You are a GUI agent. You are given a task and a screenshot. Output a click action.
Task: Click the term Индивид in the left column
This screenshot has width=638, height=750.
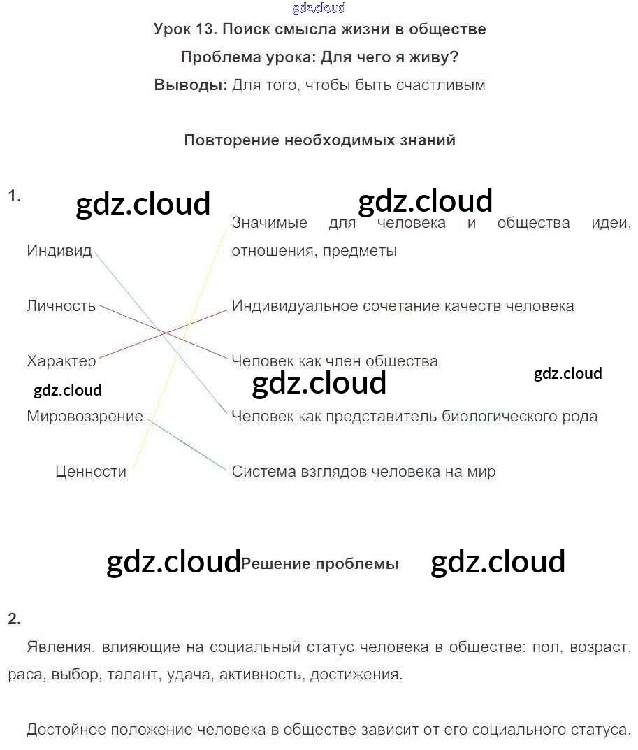click(59, 251)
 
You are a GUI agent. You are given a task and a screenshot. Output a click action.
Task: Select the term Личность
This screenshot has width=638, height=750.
click(61, 306)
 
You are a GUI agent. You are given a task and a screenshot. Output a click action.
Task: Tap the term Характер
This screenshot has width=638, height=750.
click(61, 361)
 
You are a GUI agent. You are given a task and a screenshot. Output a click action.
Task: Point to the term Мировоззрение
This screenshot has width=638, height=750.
click(85, 417)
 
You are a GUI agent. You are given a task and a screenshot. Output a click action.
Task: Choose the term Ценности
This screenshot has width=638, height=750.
click(91, 472)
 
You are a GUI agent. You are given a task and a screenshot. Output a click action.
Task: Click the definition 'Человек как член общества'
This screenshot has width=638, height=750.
click(335, 361)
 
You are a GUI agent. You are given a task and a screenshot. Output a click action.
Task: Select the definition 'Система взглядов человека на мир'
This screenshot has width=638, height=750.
click(363, 472)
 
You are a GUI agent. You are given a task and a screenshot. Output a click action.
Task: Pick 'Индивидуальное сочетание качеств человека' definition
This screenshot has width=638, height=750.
click(403, 306)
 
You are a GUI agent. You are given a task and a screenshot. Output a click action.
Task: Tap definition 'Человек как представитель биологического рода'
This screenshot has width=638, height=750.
click(414, 417)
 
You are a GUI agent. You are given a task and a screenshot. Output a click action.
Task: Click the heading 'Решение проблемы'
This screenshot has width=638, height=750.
click(319, 564)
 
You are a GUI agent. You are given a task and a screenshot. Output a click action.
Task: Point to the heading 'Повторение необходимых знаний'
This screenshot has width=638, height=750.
click(319, 140)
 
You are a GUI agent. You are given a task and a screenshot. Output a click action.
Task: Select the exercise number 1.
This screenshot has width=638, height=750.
click(14, 196)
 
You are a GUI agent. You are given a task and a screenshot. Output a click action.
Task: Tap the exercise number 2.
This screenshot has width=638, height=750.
click(14, 619)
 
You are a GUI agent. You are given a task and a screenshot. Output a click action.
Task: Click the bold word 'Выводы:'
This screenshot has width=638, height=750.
click(190, 85)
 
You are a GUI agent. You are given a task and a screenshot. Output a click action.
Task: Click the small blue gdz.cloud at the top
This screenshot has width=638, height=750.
click(319, 8)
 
